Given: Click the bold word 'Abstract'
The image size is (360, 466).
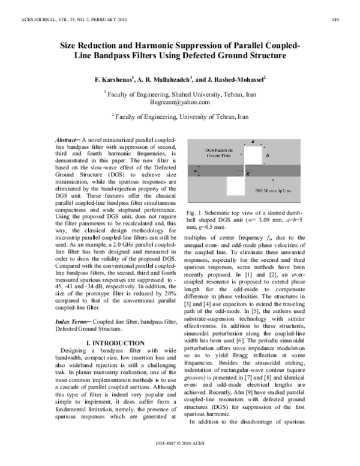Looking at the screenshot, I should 65,139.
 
